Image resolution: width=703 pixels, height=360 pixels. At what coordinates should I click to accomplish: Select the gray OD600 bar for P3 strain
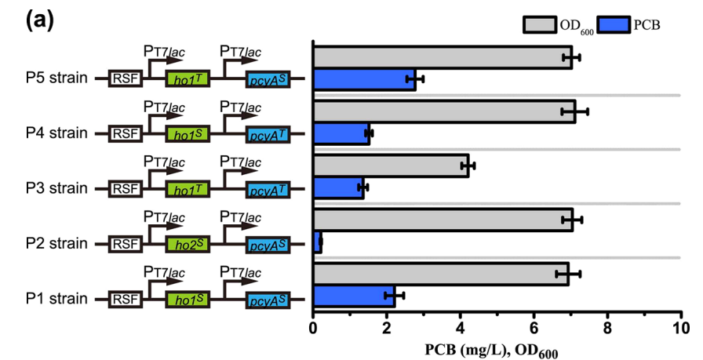pos(390,165)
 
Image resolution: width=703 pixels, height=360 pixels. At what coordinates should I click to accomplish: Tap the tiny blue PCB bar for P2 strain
pos(317,243)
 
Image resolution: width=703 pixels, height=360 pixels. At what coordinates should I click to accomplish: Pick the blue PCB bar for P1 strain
pos(353,296)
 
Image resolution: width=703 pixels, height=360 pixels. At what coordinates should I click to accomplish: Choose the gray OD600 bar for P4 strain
pos(443,111)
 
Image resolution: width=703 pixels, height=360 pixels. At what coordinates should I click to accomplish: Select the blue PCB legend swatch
pos(613,24)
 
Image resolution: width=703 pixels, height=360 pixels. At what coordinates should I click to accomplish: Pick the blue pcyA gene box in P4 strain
pos(267,134)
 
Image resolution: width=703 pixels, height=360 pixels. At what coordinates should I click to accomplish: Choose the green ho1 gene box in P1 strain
pos(187,299)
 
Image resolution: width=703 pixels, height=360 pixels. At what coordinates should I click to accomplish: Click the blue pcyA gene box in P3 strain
pos(267,189)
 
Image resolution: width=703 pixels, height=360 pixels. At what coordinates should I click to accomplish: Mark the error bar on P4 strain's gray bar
pos(574,111)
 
